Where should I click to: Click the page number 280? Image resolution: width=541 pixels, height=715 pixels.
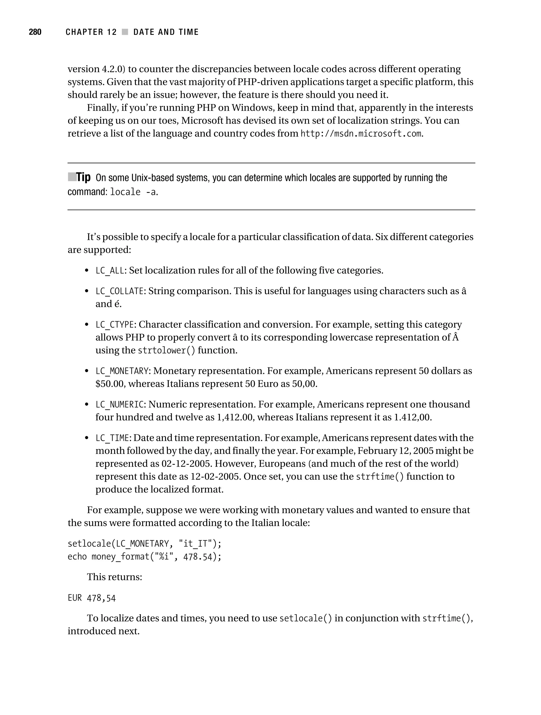tap(35, 32)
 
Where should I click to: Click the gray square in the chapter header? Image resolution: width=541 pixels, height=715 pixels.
tap(125, 32)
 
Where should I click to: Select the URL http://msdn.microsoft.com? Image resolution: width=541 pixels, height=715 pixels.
tap(361, 133)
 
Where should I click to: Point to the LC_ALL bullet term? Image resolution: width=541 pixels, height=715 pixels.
tap(110, 271)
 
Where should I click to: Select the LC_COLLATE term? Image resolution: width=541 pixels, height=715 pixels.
tap(119, 291)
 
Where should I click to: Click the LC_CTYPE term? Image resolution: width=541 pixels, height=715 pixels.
tap(114, 324)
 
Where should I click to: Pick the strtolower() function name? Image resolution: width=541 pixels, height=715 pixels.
tap(166, 350)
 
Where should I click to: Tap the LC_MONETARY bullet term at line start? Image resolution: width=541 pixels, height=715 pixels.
tap(122, 371)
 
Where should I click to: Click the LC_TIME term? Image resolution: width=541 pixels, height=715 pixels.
tap(112, 438)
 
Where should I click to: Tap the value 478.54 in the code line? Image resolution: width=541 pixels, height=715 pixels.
tap(198, 557)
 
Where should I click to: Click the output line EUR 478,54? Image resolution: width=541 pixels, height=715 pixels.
tap(91, 598)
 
